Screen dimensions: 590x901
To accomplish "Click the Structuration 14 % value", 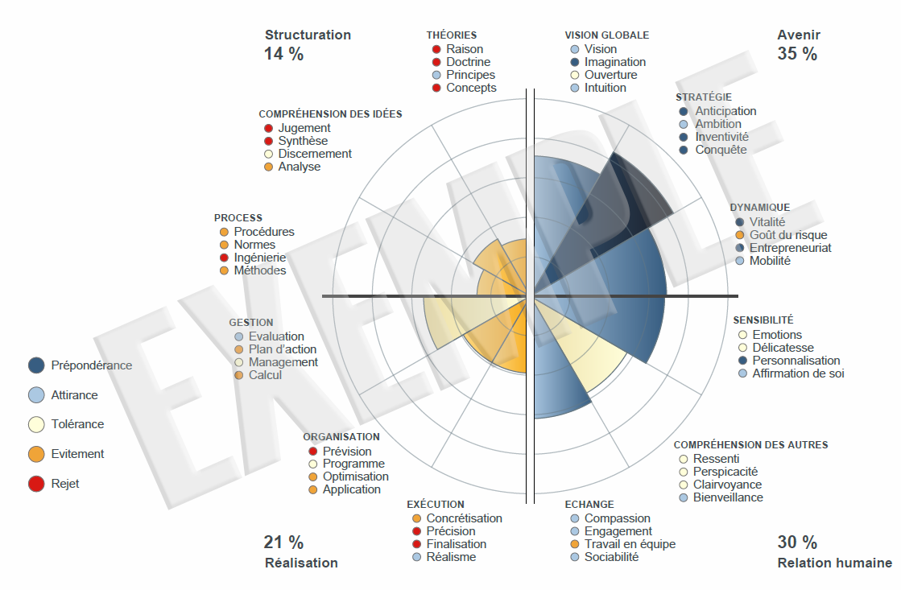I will coord(283,54).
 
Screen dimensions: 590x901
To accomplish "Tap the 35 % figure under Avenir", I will coord(796,54).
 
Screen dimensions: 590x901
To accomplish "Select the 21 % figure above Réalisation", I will coord(283,543).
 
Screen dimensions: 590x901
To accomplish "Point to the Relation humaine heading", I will coord(834,563).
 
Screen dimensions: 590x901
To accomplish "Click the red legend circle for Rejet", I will coord(35,484).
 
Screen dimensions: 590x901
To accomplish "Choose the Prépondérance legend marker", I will coord(35,365).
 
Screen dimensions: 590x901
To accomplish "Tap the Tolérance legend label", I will coord(77,424).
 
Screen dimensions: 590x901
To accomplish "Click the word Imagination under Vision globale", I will coord(614,62).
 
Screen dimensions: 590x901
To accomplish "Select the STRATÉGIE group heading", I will coord(704,97).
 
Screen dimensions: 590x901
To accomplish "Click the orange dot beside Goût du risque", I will coord(739,235).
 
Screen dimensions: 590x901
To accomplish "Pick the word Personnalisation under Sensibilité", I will coord(796,361).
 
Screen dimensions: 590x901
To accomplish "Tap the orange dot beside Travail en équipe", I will coord(574,544).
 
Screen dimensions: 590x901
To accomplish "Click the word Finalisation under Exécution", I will coord(456,544).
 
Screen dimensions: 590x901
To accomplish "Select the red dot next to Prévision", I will coord(312,452).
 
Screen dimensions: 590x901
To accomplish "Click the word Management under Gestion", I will coord(283,362).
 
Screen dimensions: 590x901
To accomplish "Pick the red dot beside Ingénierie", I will coord(224,258).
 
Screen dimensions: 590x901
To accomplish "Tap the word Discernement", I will coord(315,154).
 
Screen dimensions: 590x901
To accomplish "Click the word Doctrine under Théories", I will coord(468,62).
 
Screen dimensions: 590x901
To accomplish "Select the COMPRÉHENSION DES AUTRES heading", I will coord(750,444).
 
